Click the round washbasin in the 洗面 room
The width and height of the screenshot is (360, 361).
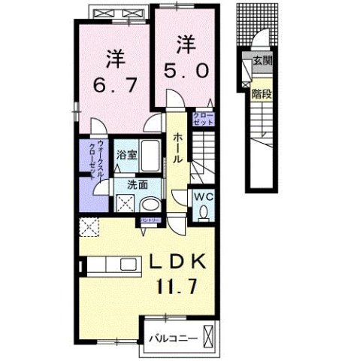coord(150,204)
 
